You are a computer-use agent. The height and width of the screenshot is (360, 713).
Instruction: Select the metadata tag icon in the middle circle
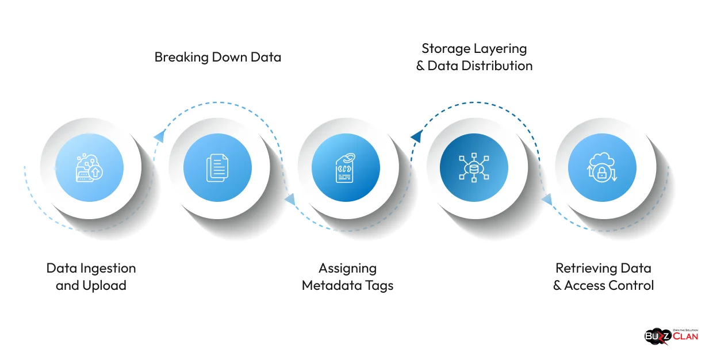pos(345,167)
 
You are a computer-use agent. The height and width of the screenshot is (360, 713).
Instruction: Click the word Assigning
pos(347,268)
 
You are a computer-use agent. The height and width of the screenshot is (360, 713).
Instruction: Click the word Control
pos(633,285)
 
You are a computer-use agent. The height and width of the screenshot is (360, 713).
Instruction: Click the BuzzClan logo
pos(671,335)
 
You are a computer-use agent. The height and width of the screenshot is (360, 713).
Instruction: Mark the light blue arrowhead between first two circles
pos(159,136)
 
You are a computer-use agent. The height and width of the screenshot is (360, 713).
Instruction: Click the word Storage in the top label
pos(446,48)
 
